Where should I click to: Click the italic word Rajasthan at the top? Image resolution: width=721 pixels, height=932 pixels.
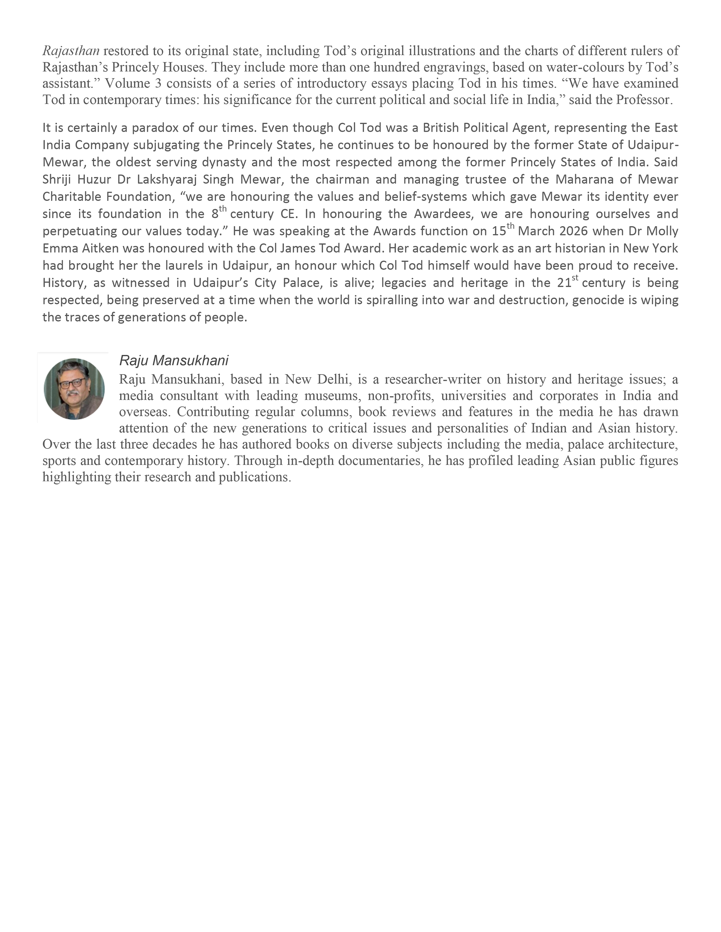(x=71, y=51)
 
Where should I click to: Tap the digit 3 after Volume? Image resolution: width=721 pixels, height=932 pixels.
(x=158, y=84)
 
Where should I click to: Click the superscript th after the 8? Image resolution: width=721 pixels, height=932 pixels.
(x=223, y=209)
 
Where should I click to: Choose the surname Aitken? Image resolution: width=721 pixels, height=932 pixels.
(x=99, y=248)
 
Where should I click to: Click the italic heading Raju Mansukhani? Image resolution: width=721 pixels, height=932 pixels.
(x=174, y=361)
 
